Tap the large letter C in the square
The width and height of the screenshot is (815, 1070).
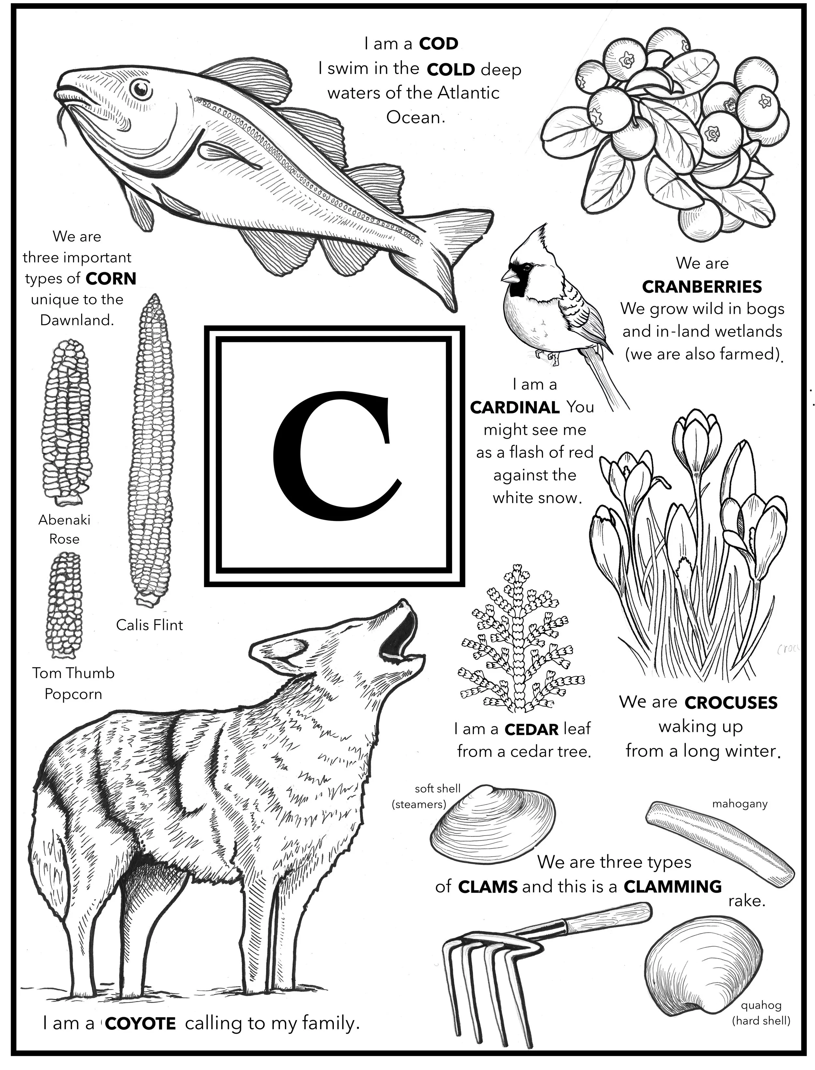pyautogui.click(x=335, y=456)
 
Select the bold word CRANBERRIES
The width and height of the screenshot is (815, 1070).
pyautogui.click(x=702, y=287)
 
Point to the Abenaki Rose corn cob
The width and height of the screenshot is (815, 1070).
pyautogui.click(x=67, y=420)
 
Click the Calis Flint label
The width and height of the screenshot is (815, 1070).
pyautogui.click(x=149, y=625)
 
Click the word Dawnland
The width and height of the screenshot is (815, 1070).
pyautogui.click(x=77, y=320)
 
